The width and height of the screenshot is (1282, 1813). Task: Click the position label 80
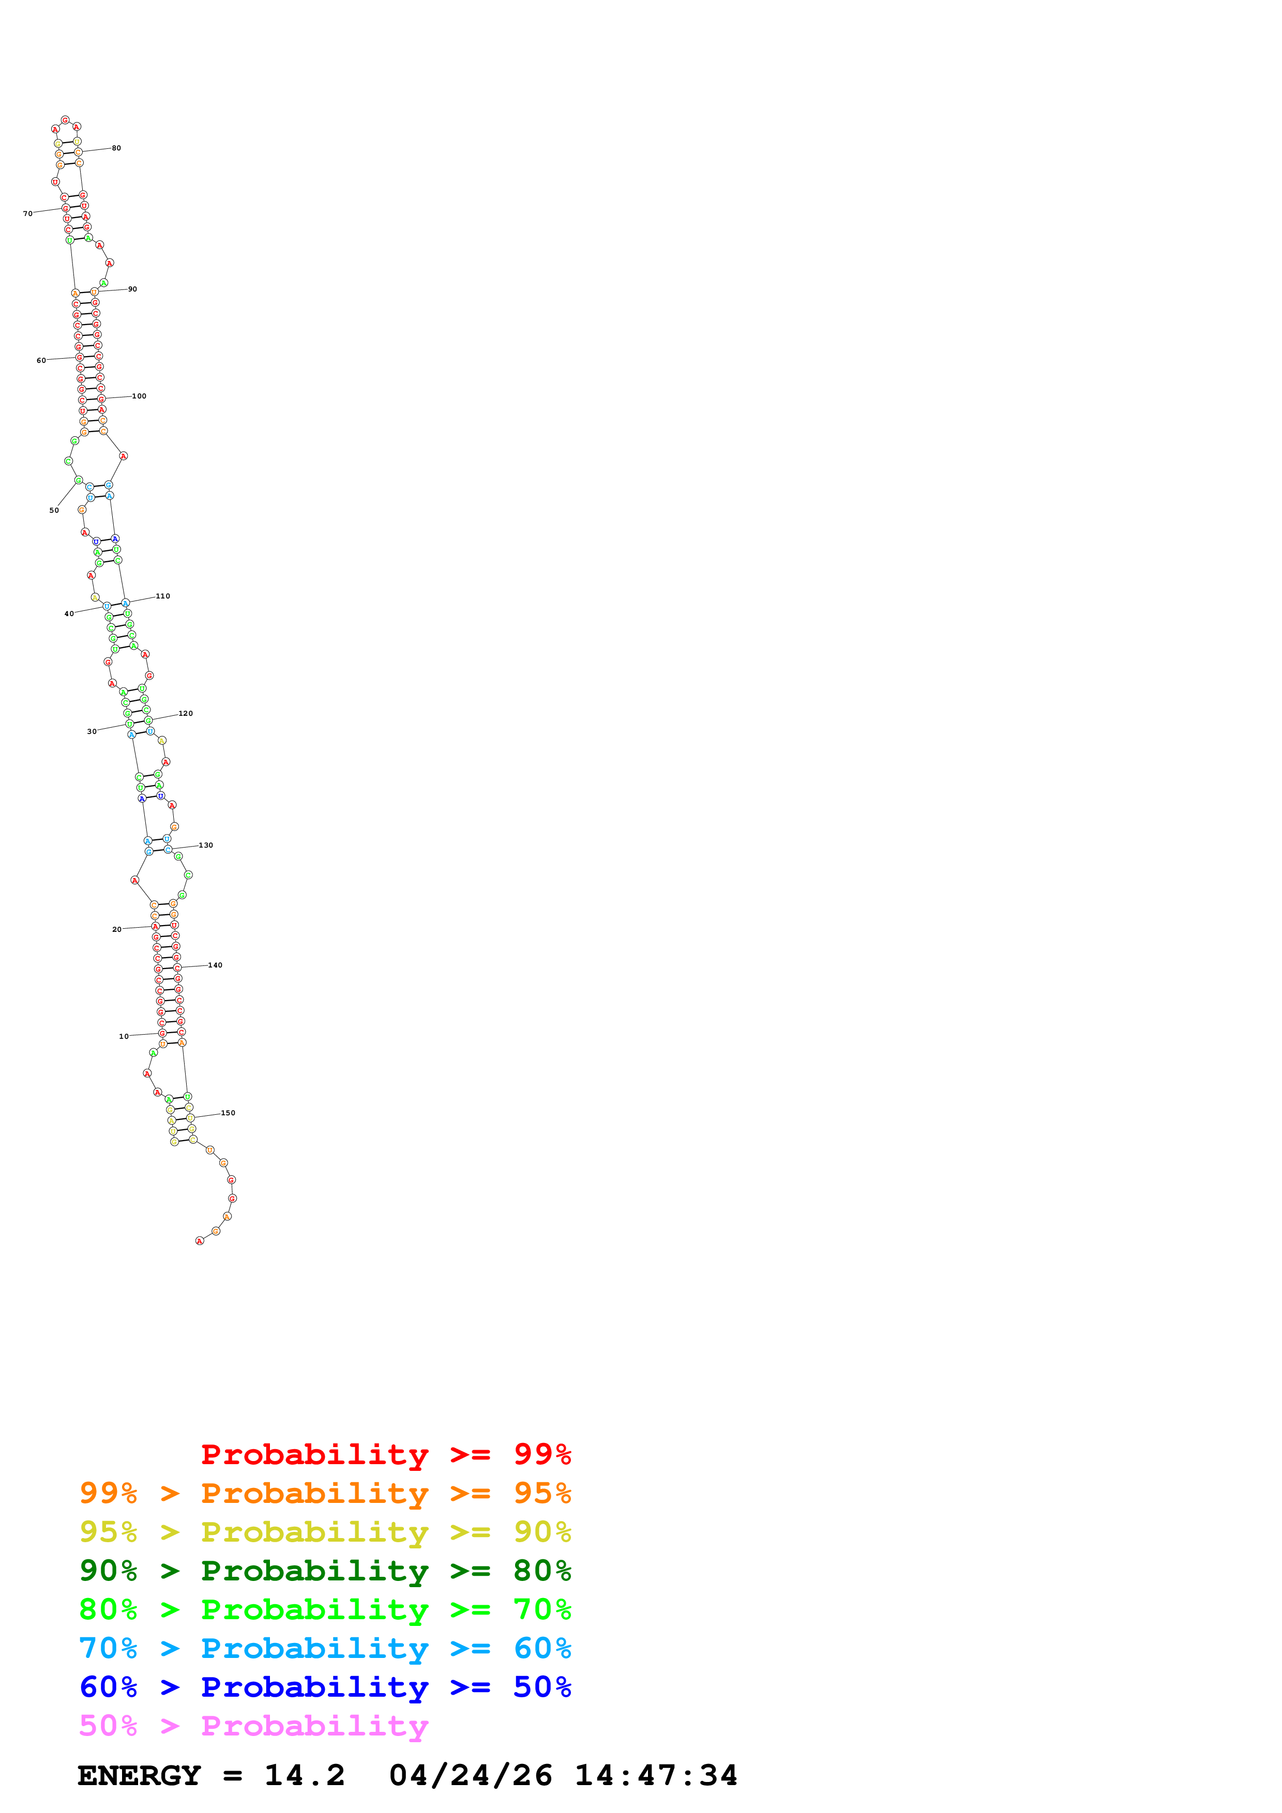(116, 148)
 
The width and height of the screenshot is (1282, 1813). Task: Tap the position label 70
(27, 214)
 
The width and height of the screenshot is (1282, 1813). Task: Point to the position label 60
(41, 361)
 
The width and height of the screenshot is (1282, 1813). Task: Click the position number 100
(139, 396)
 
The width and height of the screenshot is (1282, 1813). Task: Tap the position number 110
(163, 596)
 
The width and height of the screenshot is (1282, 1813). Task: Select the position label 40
(69, 613)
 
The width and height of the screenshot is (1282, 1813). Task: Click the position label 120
(186, 714)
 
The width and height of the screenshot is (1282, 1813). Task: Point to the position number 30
(92, 732)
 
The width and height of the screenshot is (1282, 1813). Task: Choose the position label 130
(205, 846)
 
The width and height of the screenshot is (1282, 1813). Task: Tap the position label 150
(228, 1113)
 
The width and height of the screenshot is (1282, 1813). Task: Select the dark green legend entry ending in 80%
(325, 1571)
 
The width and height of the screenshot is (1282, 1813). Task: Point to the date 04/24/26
(471, 1776)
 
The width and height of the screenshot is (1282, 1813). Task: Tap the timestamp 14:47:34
(656, 1776)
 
